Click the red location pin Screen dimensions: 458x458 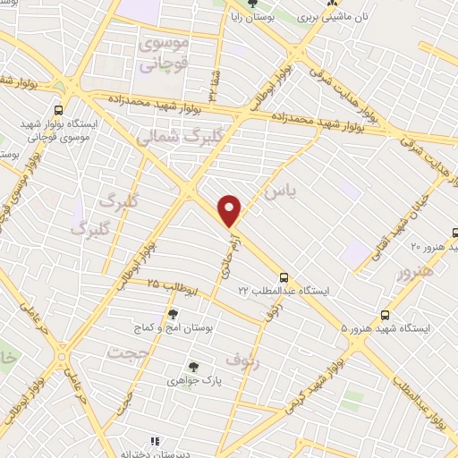231,210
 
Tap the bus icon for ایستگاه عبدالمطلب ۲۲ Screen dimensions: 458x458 284,277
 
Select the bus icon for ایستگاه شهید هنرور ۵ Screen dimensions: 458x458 385,315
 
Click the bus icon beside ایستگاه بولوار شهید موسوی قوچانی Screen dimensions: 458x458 58,110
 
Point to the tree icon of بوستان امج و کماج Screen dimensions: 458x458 173,314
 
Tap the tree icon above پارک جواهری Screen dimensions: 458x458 192,366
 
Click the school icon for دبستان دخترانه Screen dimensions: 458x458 154,441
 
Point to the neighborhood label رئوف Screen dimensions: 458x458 241,360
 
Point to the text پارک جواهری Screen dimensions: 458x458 192,380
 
